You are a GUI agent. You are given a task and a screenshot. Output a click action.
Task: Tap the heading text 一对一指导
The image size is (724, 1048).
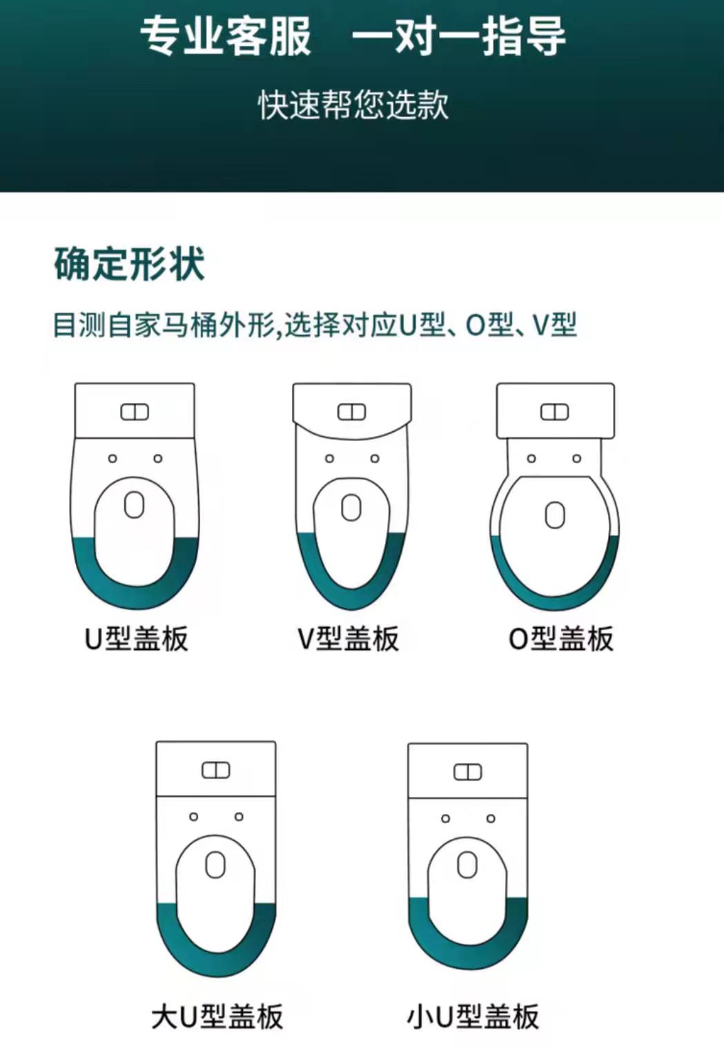(459, 37)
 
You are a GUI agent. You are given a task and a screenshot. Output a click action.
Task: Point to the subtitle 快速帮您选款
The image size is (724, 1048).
(354, 104)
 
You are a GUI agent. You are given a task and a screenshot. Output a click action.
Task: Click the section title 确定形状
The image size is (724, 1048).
(129, 264)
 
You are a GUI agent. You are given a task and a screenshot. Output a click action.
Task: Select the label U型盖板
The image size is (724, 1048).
(136, 639)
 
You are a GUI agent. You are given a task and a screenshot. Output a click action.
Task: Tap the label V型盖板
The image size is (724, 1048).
(348, 639)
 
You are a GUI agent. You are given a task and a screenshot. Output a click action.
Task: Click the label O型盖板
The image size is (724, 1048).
(560, 639)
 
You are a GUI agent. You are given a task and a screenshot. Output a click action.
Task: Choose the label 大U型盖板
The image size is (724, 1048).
(217, 1017)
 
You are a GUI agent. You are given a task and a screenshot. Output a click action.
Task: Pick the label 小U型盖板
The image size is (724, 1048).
(473, 1017)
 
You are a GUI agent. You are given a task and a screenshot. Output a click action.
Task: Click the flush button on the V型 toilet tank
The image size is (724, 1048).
(351, 412)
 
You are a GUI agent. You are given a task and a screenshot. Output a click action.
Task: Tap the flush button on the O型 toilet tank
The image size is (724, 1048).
(555, 412)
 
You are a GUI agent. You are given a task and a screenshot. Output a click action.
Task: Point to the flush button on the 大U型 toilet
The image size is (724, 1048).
(216, 770)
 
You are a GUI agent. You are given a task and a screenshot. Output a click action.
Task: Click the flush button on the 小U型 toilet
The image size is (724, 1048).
(468, 772)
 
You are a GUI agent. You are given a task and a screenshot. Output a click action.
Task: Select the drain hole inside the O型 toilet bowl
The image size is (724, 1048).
(555, 515)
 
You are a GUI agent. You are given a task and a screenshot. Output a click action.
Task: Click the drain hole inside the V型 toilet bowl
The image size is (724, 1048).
(351, 508)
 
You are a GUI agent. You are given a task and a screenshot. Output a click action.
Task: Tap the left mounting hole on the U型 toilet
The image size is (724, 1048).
(112, 459)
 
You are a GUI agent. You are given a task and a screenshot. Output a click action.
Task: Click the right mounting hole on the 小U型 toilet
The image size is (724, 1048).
(491, 818)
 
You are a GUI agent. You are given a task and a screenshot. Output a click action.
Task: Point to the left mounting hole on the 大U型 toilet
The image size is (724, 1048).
(193, 816)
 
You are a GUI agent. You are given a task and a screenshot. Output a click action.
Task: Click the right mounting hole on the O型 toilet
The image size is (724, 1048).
(577, 459)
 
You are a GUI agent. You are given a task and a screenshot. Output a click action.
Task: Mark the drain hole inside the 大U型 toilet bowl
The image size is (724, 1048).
(216, 864)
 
